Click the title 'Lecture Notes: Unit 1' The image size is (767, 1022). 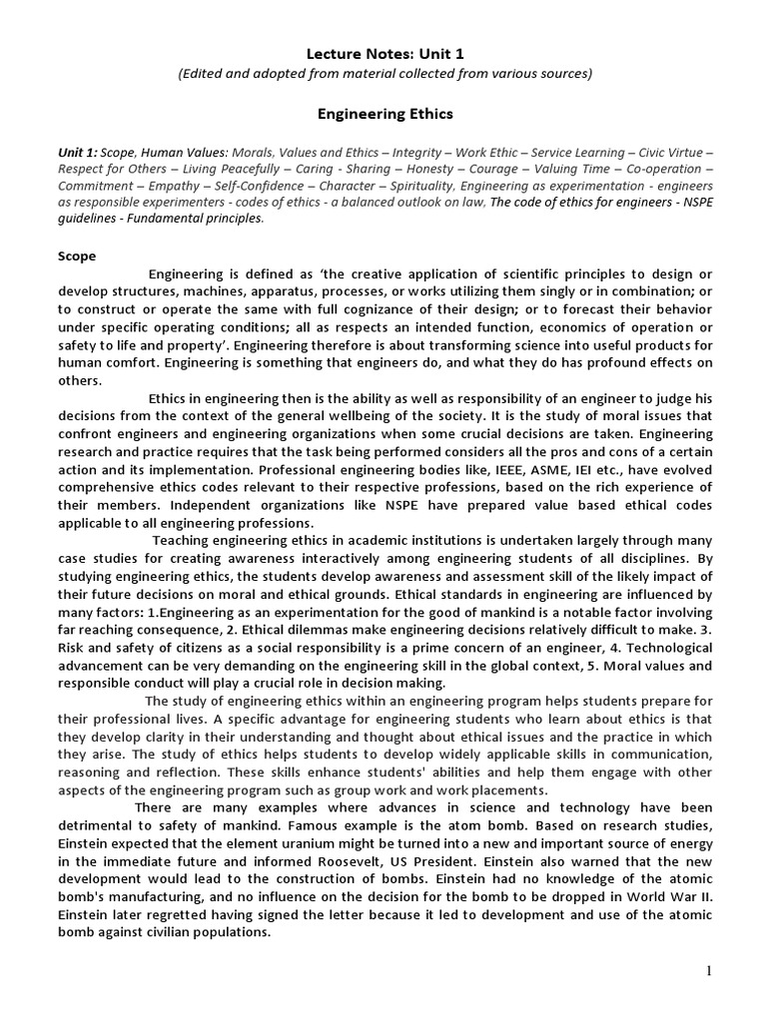(384, 53)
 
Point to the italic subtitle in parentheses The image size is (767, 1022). (384, 73)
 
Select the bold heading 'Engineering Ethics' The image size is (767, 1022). (384, 114)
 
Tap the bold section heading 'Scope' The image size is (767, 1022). (76, 255)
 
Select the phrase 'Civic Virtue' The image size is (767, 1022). (676, 153)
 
